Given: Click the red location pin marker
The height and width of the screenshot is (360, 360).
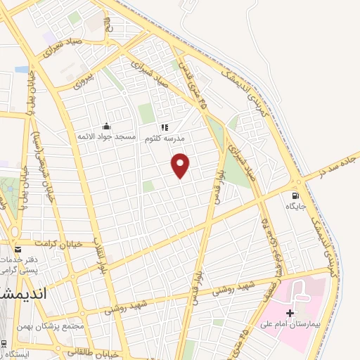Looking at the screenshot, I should click(181, 165).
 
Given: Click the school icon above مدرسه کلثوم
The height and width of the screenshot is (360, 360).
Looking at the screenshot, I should click(165, 127).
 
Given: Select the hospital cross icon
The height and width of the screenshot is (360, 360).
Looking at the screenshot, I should click(290, 311).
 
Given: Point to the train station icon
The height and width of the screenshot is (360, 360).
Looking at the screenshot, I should click(4, 343).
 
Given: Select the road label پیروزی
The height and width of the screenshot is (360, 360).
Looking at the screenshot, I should click(83, 82).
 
